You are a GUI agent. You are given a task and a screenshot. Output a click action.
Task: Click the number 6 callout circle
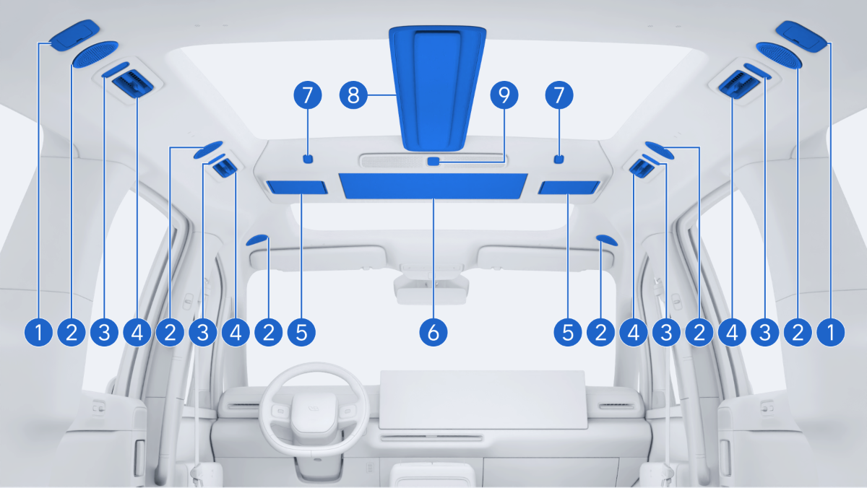tap(433, 332)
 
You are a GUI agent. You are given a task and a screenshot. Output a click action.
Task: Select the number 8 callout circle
tap(353, 95)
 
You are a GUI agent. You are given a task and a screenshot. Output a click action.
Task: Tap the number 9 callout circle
tap(504, 95)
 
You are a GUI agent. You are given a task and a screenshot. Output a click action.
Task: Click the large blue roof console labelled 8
tap(437, 88)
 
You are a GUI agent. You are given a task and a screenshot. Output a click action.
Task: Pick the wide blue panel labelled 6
tap(433, 186)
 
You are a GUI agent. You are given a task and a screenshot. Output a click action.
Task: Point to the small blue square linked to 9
tap(433, 161)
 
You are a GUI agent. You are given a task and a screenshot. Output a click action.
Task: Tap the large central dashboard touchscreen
tap(483, 399)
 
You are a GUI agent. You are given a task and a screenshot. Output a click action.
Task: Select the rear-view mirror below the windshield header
tap(431, 288)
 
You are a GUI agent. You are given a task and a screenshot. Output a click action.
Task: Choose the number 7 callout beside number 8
tap(308, 95)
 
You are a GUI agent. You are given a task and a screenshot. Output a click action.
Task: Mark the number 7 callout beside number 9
tap(559, 95)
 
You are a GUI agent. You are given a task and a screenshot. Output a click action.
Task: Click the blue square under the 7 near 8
tap(308, 159)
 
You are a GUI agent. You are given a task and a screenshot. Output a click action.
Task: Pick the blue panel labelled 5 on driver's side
tap(297, 187)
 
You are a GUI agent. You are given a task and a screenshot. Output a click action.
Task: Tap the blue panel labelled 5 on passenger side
tap(569, 188)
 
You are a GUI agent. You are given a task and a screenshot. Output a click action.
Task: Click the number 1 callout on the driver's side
tap(39, 332)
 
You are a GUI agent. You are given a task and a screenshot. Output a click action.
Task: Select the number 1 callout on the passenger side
tap(831, 332)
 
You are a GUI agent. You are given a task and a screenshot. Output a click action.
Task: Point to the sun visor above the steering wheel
tap(318, 258)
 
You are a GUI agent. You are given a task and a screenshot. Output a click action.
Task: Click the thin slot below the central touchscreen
tap(431, 437)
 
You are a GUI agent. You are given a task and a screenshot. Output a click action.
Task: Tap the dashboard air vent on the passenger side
tap(616, 406)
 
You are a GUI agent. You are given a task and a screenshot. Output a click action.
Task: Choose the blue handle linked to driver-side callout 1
tap(74, 35)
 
